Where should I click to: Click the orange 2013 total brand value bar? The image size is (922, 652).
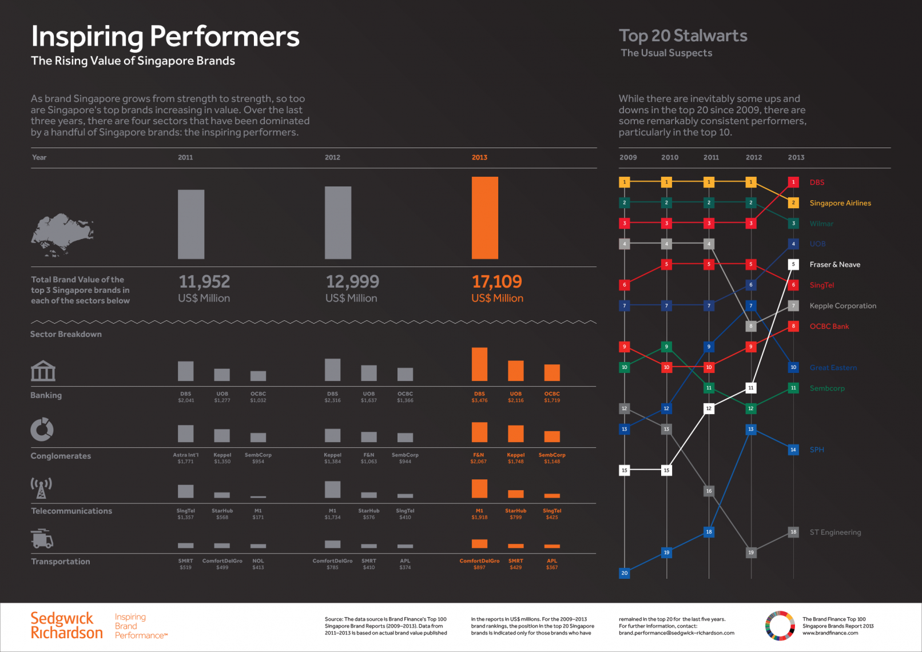(484, 218)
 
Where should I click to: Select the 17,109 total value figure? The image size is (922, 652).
(496, 281)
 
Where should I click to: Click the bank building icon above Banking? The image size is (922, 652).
(43, 371)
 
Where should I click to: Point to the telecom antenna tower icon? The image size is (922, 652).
(41, 488)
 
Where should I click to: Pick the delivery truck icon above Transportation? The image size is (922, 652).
(42, 538)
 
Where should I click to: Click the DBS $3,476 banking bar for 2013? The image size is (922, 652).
(479, 364)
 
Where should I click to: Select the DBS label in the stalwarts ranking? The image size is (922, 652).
(817, 182)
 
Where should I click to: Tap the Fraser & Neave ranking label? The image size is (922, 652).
(834, 265)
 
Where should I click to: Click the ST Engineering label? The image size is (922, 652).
(835, 532)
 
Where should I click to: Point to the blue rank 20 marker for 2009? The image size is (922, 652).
(624, 573)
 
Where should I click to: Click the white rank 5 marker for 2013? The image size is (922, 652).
(793, 265)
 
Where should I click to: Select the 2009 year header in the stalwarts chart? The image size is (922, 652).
(628, 157)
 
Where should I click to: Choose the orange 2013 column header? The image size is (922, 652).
(479, 157)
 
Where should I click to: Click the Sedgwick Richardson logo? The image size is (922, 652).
(66, 626)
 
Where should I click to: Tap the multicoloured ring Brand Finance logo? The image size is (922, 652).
(780, 626)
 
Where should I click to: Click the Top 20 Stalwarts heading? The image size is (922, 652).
(683, 36)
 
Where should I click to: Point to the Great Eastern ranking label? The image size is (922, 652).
(833, 368)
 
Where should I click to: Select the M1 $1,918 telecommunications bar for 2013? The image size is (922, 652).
(479, 488)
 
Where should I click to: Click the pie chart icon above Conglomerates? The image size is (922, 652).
(42, 430)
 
